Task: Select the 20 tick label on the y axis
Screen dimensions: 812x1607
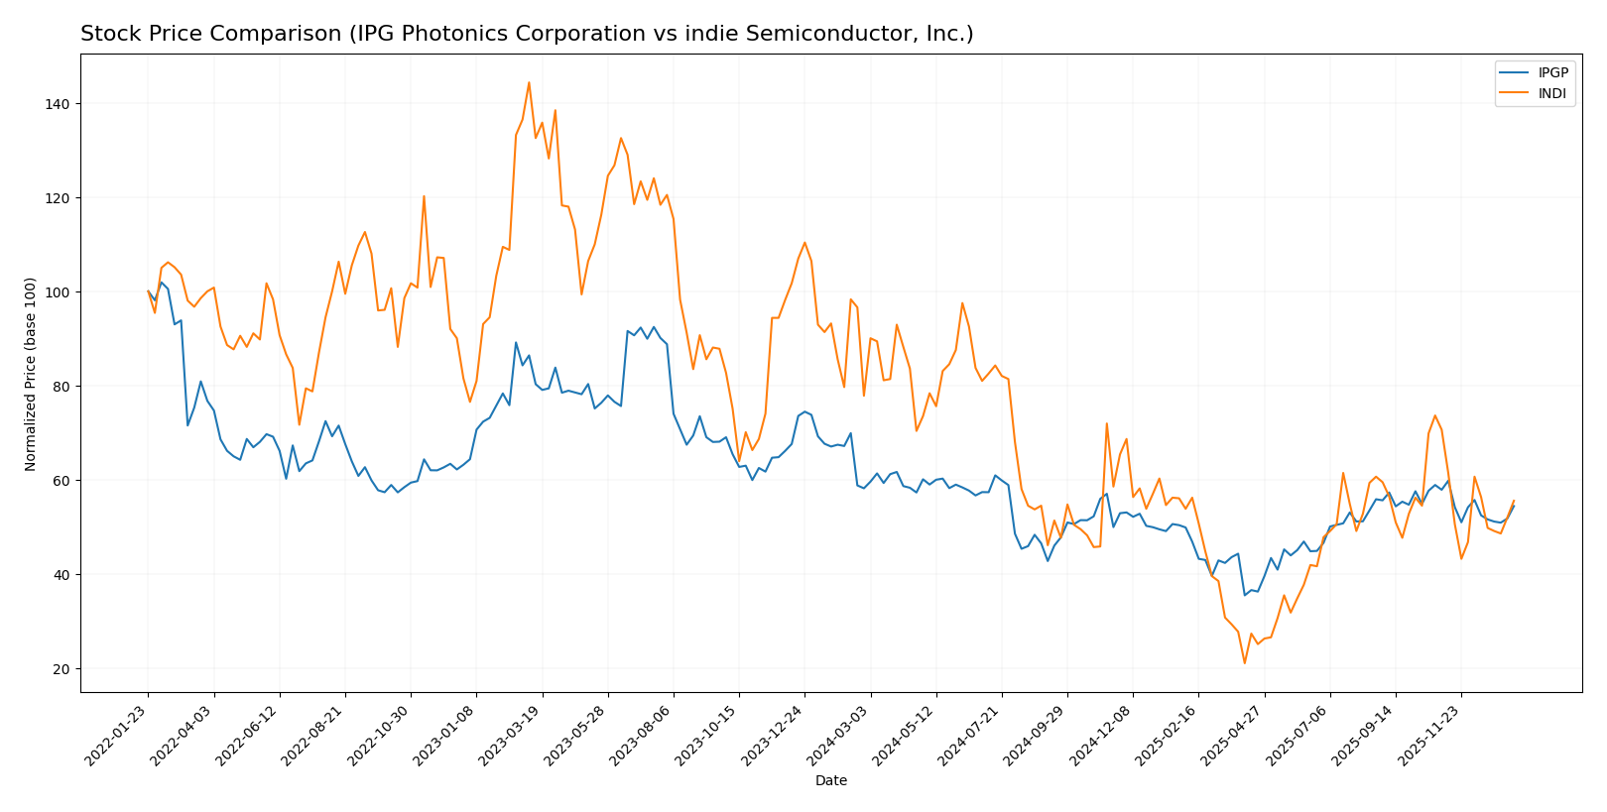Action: (62, 669)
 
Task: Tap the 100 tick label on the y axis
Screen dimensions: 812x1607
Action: (58, 292)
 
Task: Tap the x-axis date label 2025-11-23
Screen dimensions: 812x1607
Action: (1429, 734)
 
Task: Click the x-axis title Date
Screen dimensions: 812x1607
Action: (830, 781)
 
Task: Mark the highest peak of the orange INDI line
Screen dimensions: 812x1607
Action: (529, 82)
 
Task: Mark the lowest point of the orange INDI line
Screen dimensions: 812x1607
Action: (1244, 663)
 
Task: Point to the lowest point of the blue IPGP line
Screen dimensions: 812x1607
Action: (1244, 595)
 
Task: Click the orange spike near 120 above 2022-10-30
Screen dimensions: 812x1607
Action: (424, 196)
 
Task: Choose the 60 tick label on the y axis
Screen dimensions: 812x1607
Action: (62, 481)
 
